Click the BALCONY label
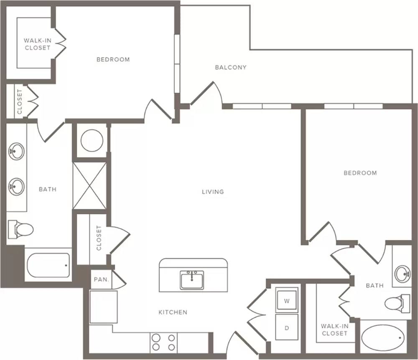231,67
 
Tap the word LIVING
213,192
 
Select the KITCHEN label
173,312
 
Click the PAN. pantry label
101,279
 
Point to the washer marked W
287,300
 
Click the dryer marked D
287,327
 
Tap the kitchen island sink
192,280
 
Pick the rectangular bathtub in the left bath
48,265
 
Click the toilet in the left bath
20,229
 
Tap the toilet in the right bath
397,304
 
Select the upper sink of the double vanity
17,152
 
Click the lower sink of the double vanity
17,187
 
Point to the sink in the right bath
403,274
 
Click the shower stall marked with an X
89,186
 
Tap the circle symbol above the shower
92,141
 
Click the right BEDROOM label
360,173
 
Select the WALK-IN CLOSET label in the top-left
37,44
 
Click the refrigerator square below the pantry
103,307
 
